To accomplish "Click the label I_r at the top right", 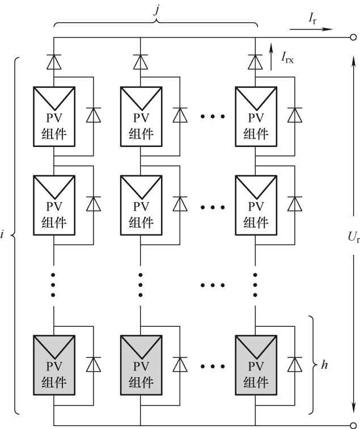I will (x=312, y=19).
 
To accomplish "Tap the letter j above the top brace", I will (x=156, y=8).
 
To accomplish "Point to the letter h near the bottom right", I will (x=324, y=365).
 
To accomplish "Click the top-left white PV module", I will (x=53, y=115).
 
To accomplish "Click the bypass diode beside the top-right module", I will (x=295, y=115).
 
